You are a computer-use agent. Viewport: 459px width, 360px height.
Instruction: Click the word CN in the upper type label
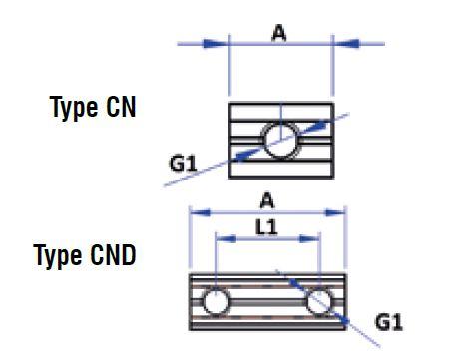tap(120, 109)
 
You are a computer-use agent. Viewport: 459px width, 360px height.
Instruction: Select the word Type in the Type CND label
tap(58, 255)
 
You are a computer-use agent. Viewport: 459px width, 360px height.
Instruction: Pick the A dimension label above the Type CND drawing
tap(268, 196)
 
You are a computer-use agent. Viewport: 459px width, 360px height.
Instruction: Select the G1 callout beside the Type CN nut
tap(184, 160)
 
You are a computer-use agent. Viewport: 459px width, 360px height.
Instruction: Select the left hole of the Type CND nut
tap(215, 301)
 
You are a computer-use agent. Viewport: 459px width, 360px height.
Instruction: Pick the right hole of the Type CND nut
tap(320, 301)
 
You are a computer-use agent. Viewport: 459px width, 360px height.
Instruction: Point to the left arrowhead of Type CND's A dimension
tap(201, 211)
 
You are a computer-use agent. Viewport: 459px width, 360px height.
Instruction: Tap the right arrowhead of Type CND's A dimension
tap(335, 211)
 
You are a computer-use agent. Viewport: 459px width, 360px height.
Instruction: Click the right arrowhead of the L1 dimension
tap(311, 239)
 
